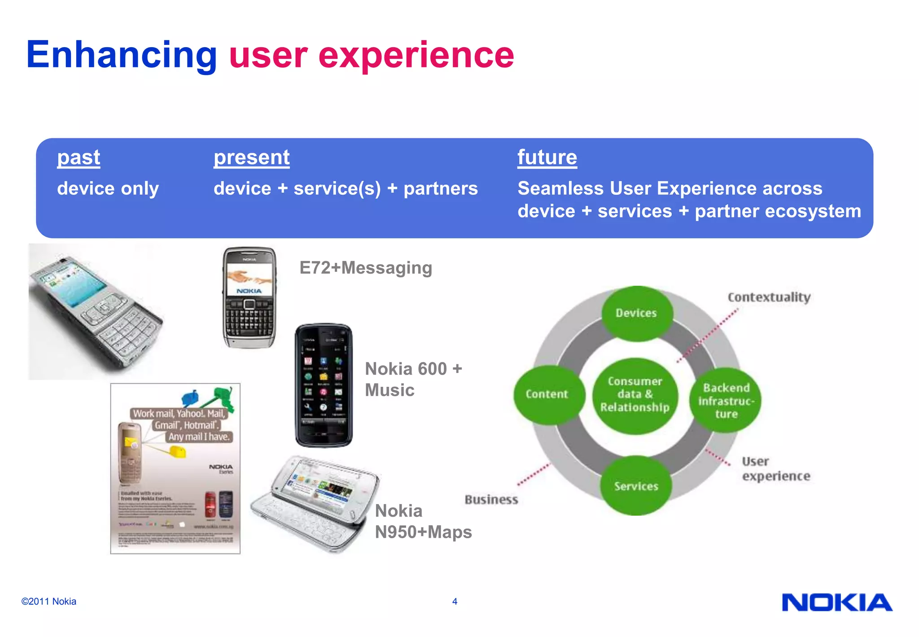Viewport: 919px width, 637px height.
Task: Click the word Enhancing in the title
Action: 121,55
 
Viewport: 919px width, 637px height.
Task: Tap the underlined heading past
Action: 79,158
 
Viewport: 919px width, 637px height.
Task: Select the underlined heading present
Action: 251,158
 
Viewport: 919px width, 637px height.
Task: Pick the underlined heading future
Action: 547,158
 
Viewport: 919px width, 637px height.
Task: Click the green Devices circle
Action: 636,313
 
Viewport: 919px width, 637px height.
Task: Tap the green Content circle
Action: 547,394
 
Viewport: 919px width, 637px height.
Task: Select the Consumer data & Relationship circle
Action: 635,394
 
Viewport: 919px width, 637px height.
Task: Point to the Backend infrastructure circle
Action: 726,400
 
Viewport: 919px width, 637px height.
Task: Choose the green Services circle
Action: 636,486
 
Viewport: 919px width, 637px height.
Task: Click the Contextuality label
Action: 769,297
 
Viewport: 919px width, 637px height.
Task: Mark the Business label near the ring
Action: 491,500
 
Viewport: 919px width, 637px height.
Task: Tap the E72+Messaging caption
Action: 365,268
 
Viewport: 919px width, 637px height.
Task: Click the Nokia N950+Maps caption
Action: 423,522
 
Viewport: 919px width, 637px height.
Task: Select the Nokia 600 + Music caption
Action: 413,379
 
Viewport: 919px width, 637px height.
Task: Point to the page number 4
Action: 455,602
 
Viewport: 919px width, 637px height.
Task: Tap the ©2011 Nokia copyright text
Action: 48,602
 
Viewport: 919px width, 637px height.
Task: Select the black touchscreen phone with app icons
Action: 324,385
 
